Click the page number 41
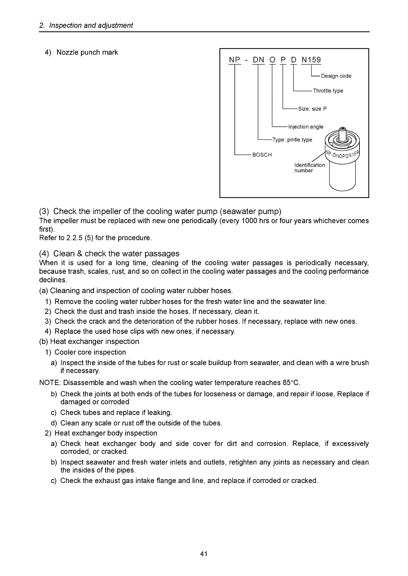204,554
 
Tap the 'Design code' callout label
336,76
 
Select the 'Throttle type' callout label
328,91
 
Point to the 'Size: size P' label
312,109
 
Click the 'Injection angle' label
306,127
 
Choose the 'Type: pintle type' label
292,140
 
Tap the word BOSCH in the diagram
262,155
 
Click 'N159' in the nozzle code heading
311,60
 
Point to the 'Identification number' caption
309,168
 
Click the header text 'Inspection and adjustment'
91,25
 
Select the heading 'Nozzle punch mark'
87,52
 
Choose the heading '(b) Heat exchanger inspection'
89,341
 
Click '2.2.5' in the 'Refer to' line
74,238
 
